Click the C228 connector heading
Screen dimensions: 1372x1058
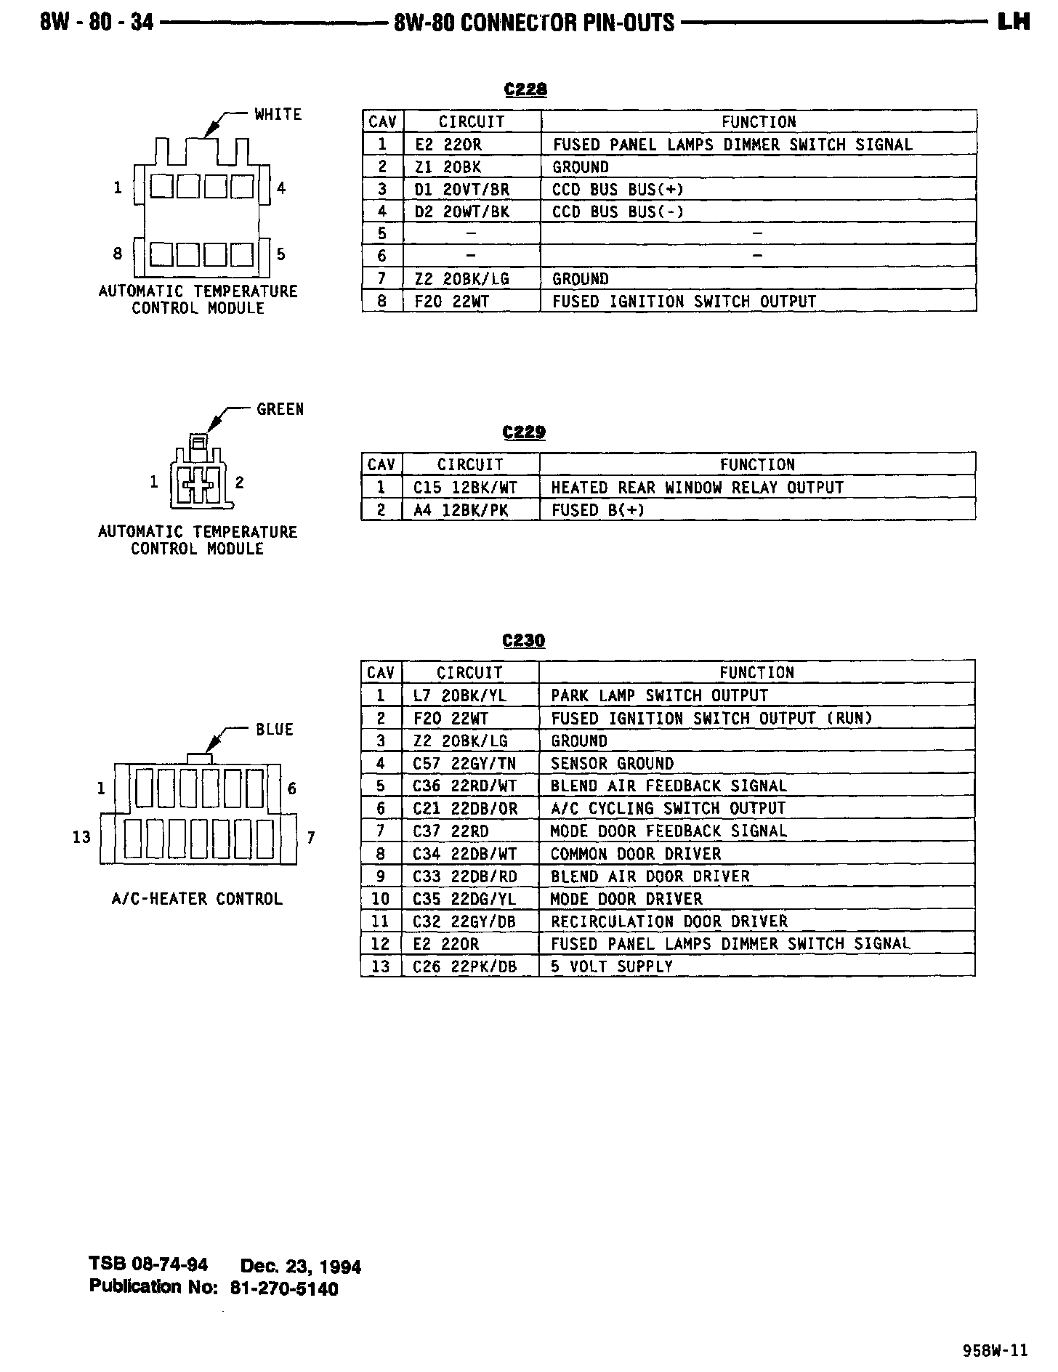click(x=525, y=89)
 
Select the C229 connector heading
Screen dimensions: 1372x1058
click(x=523, y=432)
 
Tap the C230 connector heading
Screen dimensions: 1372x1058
click(x=523, y=640)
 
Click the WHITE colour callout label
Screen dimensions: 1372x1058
click(x=278, y=114)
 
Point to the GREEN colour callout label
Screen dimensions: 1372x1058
click(x=280, y=409)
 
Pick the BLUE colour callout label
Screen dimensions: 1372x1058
click(x=274, y=729)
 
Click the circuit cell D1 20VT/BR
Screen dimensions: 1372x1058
click(x=462, y=190)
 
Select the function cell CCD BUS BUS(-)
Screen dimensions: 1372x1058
click(x=618, y=212)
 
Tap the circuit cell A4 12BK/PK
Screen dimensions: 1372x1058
click(x=461, y=510)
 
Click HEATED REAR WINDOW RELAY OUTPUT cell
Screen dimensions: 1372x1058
click(x=697, y=488)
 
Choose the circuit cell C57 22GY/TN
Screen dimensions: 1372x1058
click(x=464, y=764)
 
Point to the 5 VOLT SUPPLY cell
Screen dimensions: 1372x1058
click(x=612, y=967)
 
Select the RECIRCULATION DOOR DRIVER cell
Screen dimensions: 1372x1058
click(x=669, y=921)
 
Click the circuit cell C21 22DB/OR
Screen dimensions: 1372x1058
click(x=465, y=809)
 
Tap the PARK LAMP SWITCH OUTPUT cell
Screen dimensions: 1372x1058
click(x=659, y=695)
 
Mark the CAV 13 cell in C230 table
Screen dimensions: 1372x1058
click(x=381, y=967)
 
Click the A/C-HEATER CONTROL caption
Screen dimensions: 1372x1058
click(x=196, y=899)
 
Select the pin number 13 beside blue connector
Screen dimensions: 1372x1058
click(x=81, y=837)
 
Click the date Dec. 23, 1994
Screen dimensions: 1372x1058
click(x=300, y=1267)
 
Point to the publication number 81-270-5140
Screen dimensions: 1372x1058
click(x=284, y=1288)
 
